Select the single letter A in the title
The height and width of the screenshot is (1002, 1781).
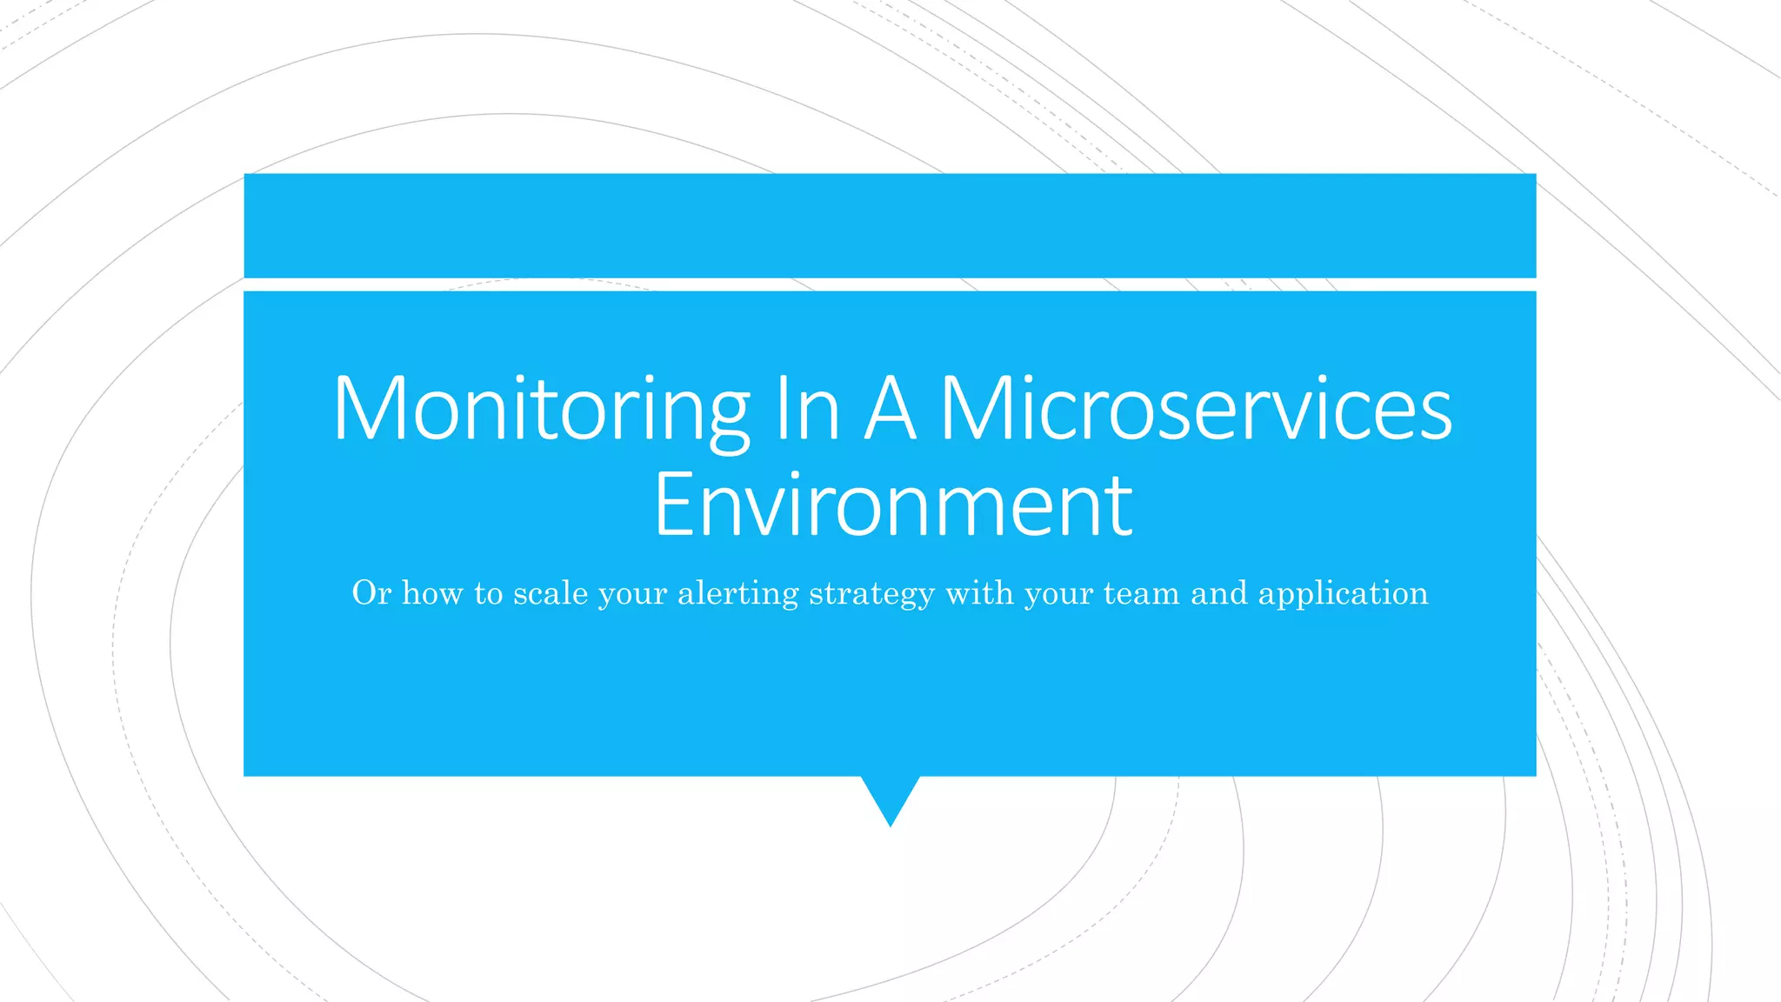(890, 409)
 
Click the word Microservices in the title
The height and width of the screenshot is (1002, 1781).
(1196, 409)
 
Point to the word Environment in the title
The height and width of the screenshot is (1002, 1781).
(892, 505)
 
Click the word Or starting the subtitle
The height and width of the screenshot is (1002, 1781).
(371, 593)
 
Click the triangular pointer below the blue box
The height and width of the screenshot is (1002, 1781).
(890, 796)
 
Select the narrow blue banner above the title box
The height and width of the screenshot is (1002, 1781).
(890, 225)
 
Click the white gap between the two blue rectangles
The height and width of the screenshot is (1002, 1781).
(890, 284)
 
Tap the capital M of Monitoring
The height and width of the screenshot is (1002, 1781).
(370, 409)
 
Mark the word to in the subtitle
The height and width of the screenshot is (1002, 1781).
(489, 593)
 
